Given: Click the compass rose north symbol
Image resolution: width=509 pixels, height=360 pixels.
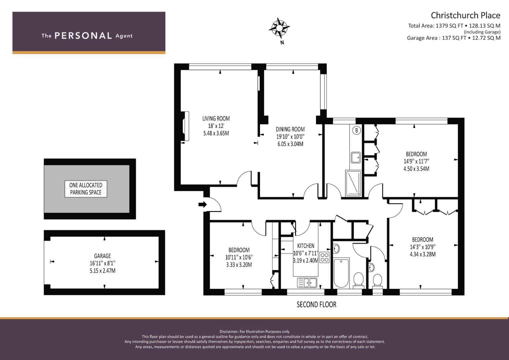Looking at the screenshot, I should (x=279, y=28).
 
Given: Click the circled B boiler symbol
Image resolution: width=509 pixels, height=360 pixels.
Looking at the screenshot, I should (x=356, y=130).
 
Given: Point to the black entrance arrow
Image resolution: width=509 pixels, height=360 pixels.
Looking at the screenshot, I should (x=202, y=204).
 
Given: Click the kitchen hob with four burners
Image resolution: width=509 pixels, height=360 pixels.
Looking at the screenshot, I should (x=324, y=257).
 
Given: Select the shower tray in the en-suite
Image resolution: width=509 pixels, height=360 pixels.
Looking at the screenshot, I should (x=353, y=183).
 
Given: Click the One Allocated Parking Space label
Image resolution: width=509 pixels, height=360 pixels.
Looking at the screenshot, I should (x=86, y=189).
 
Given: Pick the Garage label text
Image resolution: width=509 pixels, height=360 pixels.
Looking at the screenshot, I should (x=102, y=256).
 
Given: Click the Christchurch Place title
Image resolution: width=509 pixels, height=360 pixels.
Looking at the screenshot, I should (x=465, y=15).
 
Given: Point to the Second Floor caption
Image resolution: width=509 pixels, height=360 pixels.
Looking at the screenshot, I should (x=316, y=304).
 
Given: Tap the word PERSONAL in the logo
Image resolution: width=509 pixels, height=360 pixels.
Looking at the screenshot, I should (x=83, y=36).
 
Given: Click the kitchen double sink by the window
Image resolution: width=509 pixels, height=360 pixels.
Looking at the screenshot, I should (x=307, y=283).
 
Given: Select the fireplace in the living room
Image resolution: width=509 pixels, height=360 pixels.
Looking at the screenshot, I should (x=186, y=126).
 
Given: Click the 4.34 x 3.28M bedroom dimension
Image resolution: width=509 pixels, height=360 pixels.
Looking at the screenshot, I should (x=423, y=254).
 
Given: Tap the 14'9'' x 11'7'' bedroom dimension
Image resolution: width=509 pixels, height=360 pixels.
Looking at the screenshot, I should (x=416, y=161).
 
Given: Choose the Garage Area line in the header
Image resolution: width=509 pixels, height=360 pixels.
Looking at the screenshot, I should (x=453, y=38).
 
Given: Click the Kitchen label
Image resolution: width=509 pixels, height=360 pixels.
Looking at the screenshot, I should (x=306, y=246).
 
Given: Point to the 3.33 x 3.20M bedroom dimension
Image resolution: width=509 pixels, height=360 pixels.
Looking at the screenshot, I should (x=239, y=265).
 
